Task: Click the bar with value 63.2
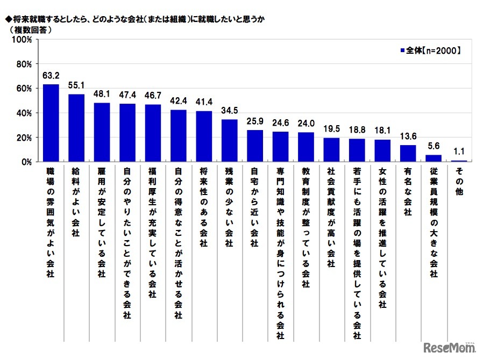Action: tap(51, 123)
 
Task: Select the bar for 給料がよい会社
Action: tap(76, 128)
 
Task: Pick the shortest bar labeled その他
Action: tap(459, 161)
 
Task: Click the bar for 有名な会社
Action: tap(408, 153)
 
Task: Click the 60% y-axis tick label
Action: tap(24, 88)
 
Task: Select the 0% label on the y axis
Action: tap(26, 162)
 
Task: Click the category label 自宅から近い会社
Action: tap(254, 209)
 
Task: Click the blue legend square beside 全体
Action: tap(402, 51)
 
